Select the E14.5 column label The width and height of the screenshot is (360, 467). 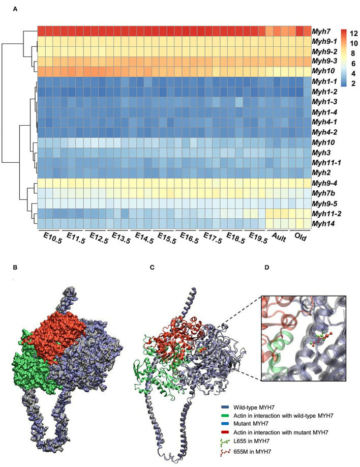143,239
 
